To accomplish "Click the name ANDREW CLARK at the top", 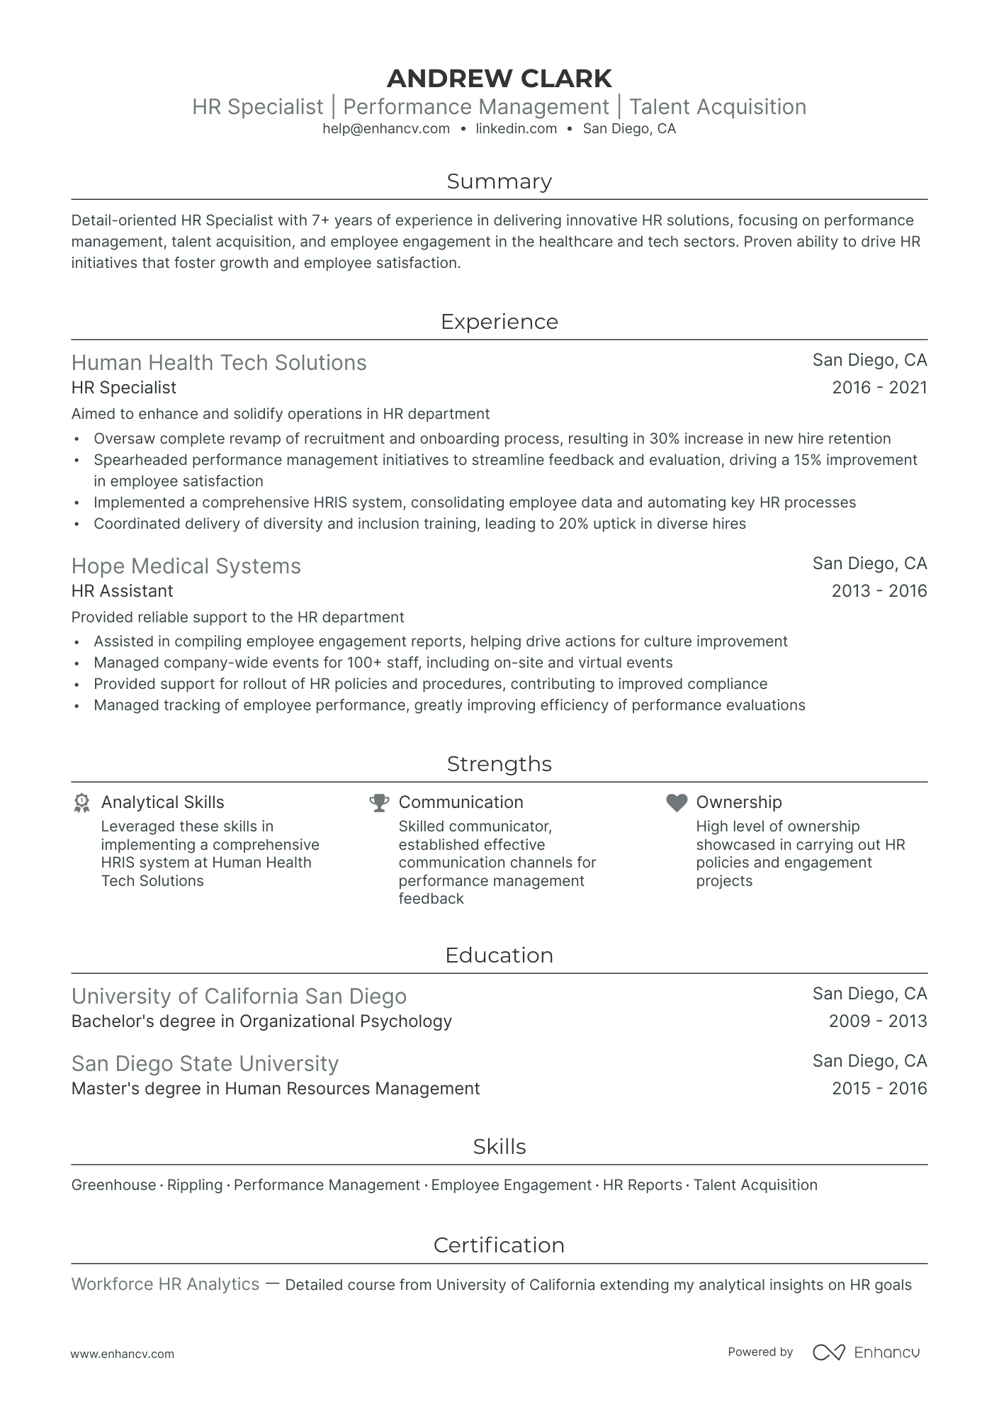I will (x=499, y=78).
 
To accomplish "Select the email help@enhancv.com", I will (x=386, y=129).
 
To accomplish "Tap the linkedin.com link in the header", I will (x=516, y=129).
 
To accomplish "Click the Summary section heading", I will (x=499, y=181).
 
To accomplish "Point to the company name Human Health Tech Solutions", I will (x=219, y=363).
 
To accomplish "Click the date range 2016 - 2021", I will (x=879, y=388).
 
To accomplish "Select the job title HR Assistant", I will (x=122, y=591).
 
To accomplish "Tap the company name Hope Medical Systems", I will (x=186, y=566).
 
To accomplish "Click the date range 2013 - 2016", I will (x=879, y=591).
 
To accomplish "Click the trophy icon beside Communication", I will (x=379, y=802).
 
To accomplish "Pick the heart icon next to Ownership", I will (x=677, y=802).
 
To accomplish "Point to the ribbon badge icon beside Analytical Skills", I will (x=81, y=802).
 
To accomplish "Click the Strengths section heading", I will (x=499, y=764).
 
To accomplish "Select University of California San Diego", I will (x=239, y=997).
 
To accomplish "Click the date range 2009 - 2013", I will (x=877, y=1021).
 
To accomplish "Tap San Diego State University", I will (x=205, y=1064).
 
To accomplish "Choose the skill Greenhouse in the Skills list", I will (x=113, y=1185).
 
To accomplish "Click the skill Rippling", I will (x=195, y=1185).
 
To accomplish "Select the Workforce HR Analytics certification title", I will (x=165, y=1284).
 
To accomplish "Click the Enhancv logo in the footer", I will (x=866, y=1352).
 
